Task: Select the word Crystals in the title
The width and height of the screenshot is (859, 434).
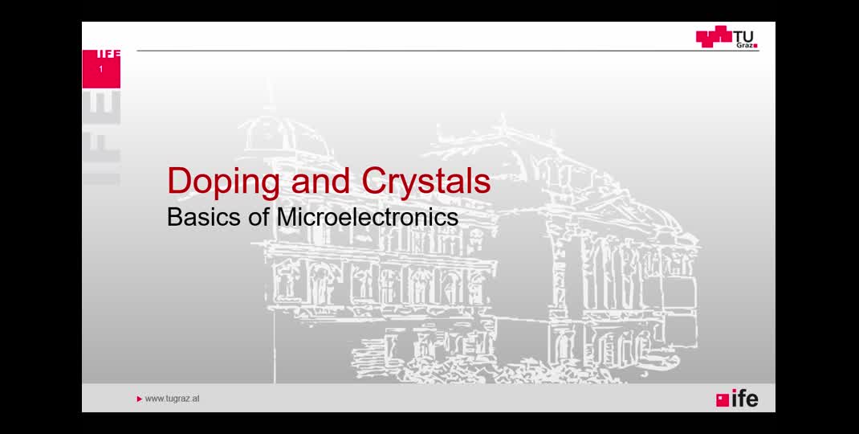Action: [x=426, y=181]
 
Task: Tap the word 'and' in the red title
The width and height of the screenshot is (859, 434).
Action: [x=320, y=181]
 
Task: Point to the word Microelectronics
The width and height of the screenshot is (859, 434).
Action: [x=368, y=217]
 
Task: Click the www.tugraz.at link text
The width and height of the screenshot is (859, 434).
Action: [x=172, y=399]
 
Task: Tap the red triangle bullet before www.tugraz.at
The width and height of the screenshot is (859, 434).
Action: [x=139, y=399]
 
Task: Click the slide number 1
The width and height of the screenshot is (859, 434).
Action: [x=101, y=69]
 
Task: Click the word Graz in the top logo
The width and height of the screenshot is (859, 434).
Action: [x=746, y=46]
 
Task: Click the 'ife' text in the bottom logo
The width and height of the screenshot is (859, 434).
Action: [x=745, y=399]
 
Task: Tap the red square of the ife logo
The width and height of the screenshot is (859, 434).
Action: [x=723, y=400]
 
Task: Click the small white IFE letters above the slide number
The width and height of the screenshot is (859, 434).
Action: [x=108, y=54]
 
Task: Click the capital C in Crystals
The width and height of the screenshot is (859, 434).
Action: [x=375, y=181]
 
